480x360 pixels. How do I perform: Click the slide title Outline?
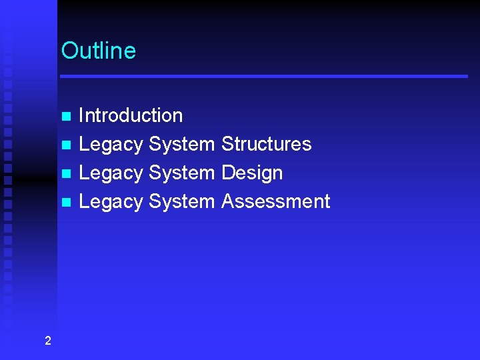pos(98,51)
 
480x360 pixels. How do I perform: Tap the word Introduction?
pos(131,115)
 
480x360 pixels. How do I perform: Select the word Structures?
pos(266,144)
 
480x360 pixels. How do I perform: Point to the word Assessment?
pos(275,201)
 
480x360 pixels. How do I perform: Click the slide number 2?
pos(47,341)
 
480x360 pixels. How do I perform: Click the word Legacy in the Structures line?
pos(111,145)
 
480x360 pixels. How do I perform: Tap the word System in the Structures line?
pos(181,145)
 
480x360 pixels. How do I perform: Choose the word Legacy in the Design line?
pos(111,173)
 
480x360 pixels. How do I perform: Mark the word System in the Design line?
pos(181,173)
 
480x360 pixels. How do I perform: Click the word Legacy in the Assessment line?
pos(111,202)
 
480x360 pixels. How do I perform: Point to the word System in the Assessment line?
pos(181,202)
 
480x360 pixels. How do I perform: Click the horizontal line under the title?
pos(264,77)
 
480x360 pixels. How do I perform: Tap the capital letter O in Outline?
pos(69,51)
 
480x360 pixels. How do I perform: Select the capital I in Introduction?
pos(81,115)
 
